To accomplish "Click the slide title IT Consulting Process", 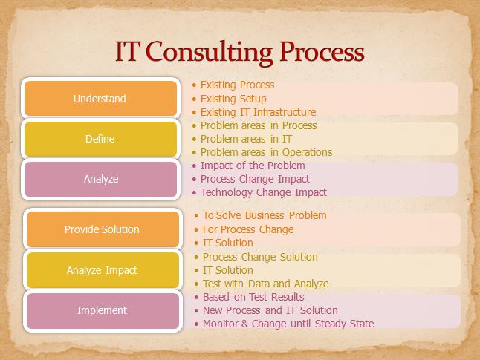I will (239, 52).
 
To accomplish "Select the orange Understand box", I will (100, 99).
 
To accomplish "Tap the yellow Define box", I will (100, 139).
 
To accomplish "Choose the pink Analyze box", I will (100, 179).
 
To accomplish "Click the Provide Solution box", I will (102, 229).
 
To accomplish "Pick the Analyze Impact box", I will (102, 270).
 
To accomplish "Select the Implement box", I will (102, 310).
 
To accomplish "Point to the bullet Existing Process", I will (237, 85).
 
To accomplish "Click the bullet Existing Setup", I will (233, 99).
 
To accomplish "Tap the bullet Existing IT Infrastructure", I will (258, 112).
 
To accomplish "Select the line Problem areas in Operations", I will (266, 152).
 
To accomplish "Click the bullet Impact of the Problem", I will (253, 166).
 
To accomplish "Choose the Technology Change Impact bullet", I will (263, 192).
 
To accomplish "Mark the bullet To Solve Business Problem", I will (265, 215).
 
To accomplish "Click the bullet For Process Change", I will (247, 229).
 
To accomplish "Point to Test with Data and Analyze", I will (265, 284).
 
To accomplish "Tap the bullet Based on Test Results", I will (253, 297).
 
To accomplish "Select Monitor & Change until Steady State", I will (288, 324).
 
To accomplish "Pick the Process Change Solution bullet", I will (260, 257).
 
